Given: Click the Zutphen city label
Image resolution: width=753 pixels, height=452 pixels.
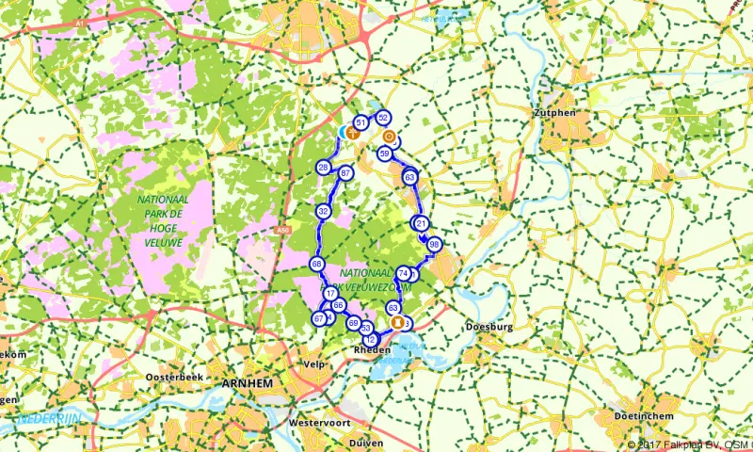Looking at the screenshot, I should pos(553,112).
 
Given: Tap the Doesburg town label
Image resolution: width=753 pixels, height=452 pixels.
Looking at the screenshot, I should pos(488,328).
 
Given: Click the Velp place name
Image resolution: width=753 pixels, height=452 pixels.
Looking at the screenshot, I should pos(314,363).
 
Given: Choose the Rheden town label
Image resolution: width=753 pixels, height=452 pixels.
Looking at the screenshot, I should pos(371,349).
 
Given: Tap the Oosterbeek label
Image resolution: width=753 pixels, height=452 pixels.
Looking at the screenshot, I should pos(168,377).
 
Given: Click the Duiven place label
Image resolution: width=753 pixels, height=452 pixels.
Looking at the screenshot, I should pos(362,441).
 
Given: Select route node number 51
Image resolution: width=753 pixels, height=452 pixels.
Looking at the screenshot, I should pos(360,121).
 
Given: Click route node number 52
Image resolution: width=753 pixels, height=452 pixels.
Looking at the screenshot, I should pos(383,118).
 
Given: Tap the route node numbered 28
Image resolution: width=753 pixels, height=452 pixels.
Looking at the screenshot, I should pos(323,169).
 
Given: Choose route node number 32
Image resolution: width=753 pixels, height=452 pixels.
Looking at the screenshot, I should pos(323,212).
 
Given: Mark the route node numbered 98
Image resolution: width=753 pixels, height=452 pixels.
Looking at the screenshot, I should pos(434,245).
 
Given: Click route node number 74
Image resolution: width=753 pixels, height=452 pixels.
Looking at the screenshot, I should pos(403,273).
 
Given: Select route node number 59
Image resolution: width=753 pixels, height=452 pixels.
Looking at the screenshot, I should pos(384,153).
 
